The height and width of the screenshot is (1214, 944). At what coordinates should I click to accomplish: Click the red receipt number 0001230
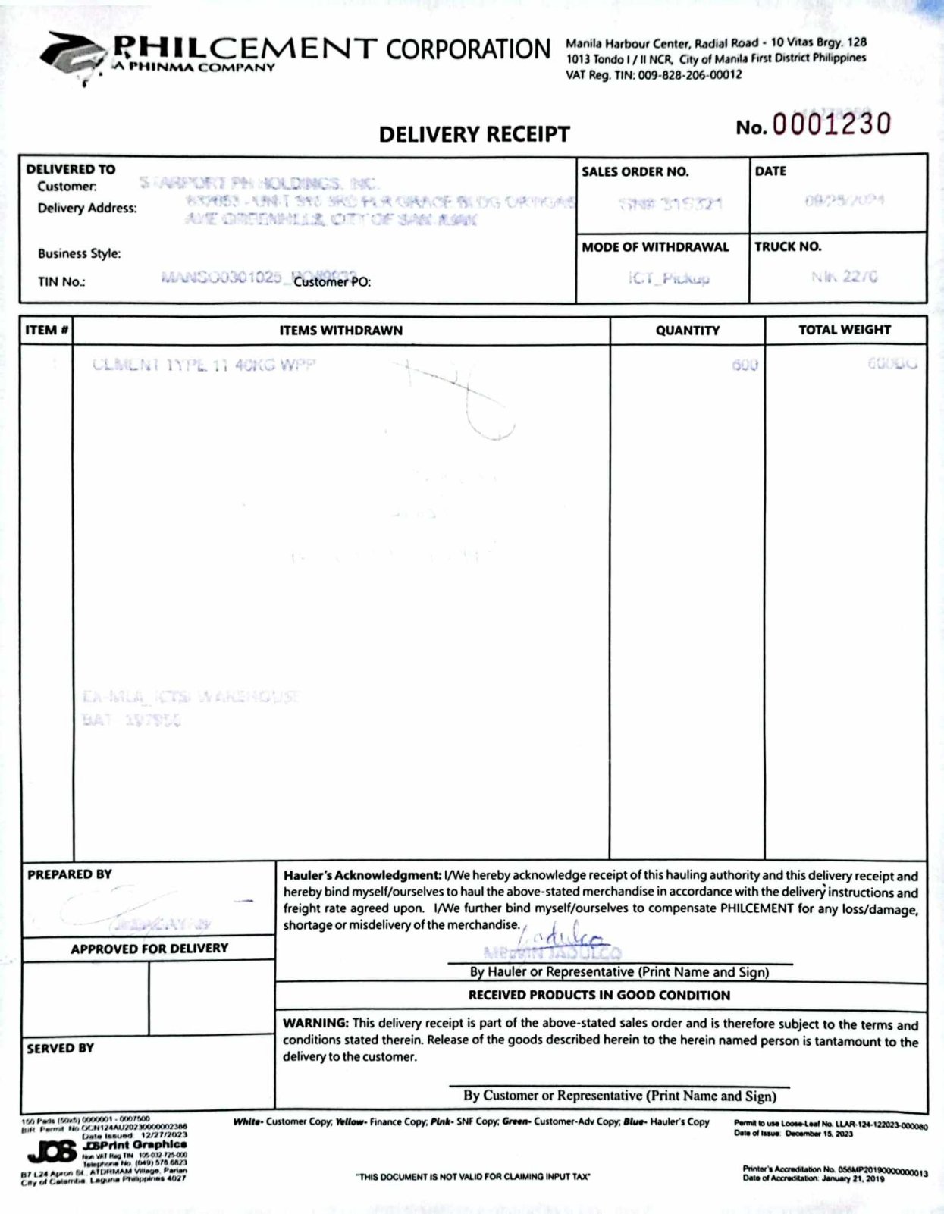pos(831,124)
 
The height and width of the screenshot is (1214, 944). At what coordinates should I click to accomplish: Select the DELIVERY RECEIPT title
pos(474,134)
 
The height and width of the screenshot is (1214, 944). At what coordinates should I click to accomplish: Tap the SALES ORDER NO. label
pos(635,172)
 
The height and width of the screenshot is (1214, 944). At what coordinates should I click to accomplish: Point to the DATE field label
pos(770,171)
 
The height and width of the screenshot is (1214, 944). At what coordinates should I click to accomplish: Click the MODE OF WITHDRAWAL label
pos(655,247)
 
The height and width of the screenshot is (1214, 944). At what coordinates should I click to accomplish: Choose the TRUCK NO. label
pos(788,246)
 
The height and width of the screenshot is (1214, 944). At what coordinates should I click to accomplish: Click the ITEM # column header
pos(47,330)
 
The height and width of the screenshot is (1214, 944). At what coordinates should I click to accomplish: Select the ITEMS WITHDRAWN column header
pos(341,331)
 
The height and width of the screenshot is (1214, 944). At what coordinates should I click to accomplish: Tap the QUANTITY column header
pos(687,331)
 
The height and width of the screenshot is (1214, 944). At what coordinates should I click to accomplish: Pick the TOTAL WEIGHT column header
pos(845,330)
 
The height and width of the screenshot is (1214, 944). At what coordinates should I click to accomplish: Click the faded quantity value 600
pos(745,365)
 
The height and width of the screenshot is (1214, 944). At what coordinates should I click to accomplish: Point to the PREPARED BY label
pos(70,874)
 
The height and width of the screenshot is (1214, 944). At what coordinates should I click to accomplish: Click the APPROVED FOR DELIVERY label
pos(149,949)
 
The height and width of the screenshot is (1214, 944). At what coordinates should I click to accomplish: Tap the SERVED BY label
pos(61,1048)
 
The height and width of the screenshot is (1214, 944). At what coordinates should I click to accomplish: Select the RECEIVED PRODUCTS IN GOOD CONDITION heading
pos(599,995)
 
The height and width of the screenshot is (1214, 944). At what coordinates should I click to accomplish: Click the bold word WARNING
pos(315,1023)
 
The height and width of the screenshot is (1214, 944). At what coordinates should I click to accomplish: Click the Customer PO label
pos(332,282)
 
